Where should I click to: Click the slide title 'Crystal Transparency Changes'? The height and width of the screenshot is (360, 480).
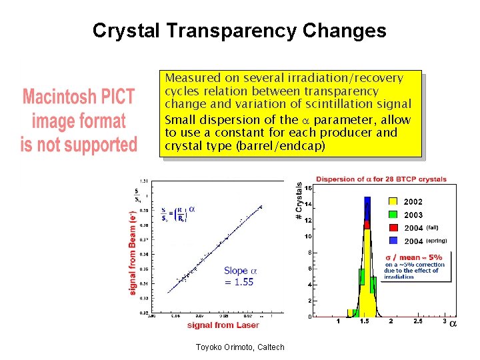239,31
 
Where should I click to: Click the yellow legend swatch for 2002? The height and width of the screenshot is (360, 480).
393,201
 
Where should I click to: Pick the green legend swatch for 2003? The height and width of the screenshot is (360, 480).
393,215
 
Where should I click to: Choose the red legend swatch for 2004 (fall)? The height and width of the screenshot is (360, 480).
393,228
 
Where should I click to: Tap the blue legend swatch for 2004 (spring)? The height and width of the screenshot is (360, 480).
393,241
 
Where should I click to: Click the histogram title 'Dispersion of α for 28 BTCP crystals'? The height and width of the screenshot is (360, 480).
381,179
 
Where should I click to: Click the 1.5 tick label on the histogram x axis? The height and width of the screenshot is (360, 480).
365,322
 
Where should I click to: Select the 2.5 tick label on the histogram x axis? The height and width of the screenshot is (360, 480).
417,322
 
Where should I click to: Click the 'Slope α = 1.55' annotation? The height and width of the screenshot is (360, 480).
239,276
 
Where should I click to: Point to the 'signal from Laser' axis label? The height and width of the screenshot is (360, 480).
223,325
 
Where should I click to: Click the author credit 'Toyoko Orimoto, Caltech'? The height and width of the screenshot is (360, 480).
240,347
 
